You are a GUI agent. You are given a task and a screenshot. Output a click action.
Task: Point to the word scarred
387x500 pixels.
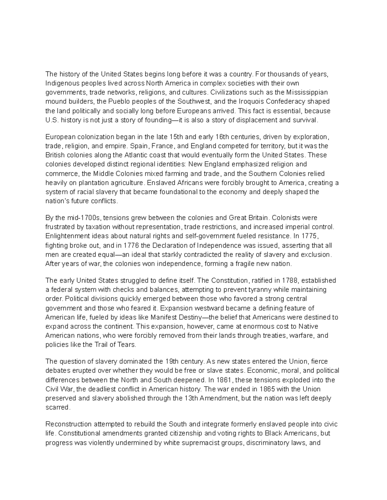click(57, 408)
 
